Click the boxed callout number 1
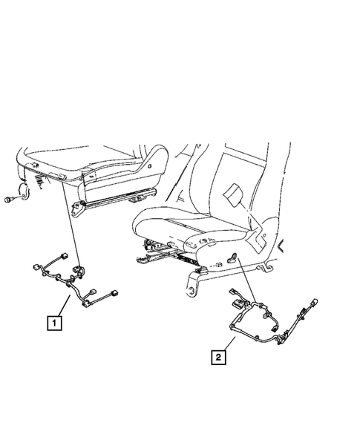(x=55, y=323)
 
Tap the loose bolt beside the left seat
(x=10, y=200)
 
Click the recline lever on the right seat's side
(x=235, y=256)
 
